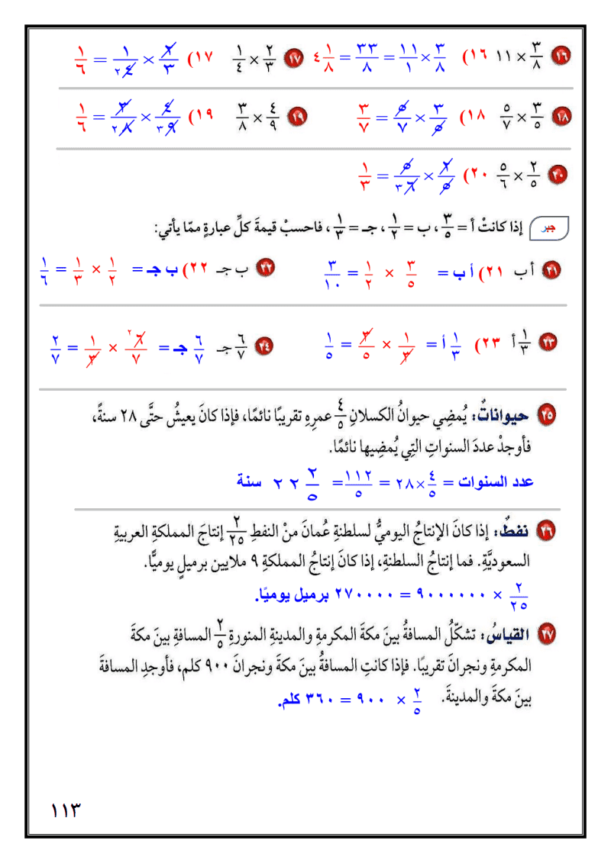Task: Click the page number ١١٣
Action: pyautogui.click(x=66, y=809)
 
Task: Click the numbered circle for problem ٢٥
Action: pyautogui.click(x=547, y=416)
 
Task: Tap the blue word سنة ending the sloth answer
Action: pyautogui.click(x=253, y=482)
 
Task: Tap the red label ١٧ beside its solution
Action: pyautogui.click(x=202, y=57)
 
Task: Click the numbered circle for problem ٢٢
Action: pyautogui.click(x=267, y=269)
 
